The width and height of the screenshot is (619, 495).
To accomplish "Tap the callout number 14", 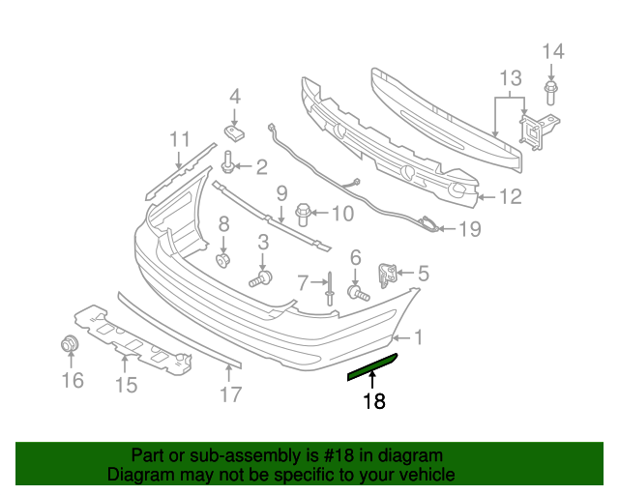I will click(551, 51).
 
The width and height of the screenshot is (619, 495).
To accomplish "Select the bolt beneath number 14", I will click(550, 93).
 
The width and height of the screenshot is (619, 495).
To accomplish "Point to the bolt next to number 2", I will click(229, 161).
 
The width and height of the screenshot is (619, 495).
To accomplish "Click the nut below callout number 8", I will click(223, 260).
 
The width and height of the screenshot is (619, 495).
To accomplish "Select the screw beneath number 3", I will click(260, 280).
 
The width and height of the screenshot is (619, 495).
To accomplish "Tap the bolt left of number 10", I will click(302, 211).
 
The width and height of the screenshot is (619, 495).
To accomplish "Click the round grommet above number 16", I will click(70, 344).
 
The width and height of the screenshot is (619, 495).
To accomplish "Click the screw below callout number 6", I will click(358, 291).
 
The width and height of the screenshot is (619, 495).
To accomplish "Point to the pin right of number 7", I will click(331, 285).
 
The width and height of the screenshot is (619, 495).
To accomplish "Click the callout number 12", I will click(510, 197).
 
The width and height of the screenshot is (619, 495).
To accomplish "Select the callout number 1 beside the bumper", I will click(418, 337).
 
